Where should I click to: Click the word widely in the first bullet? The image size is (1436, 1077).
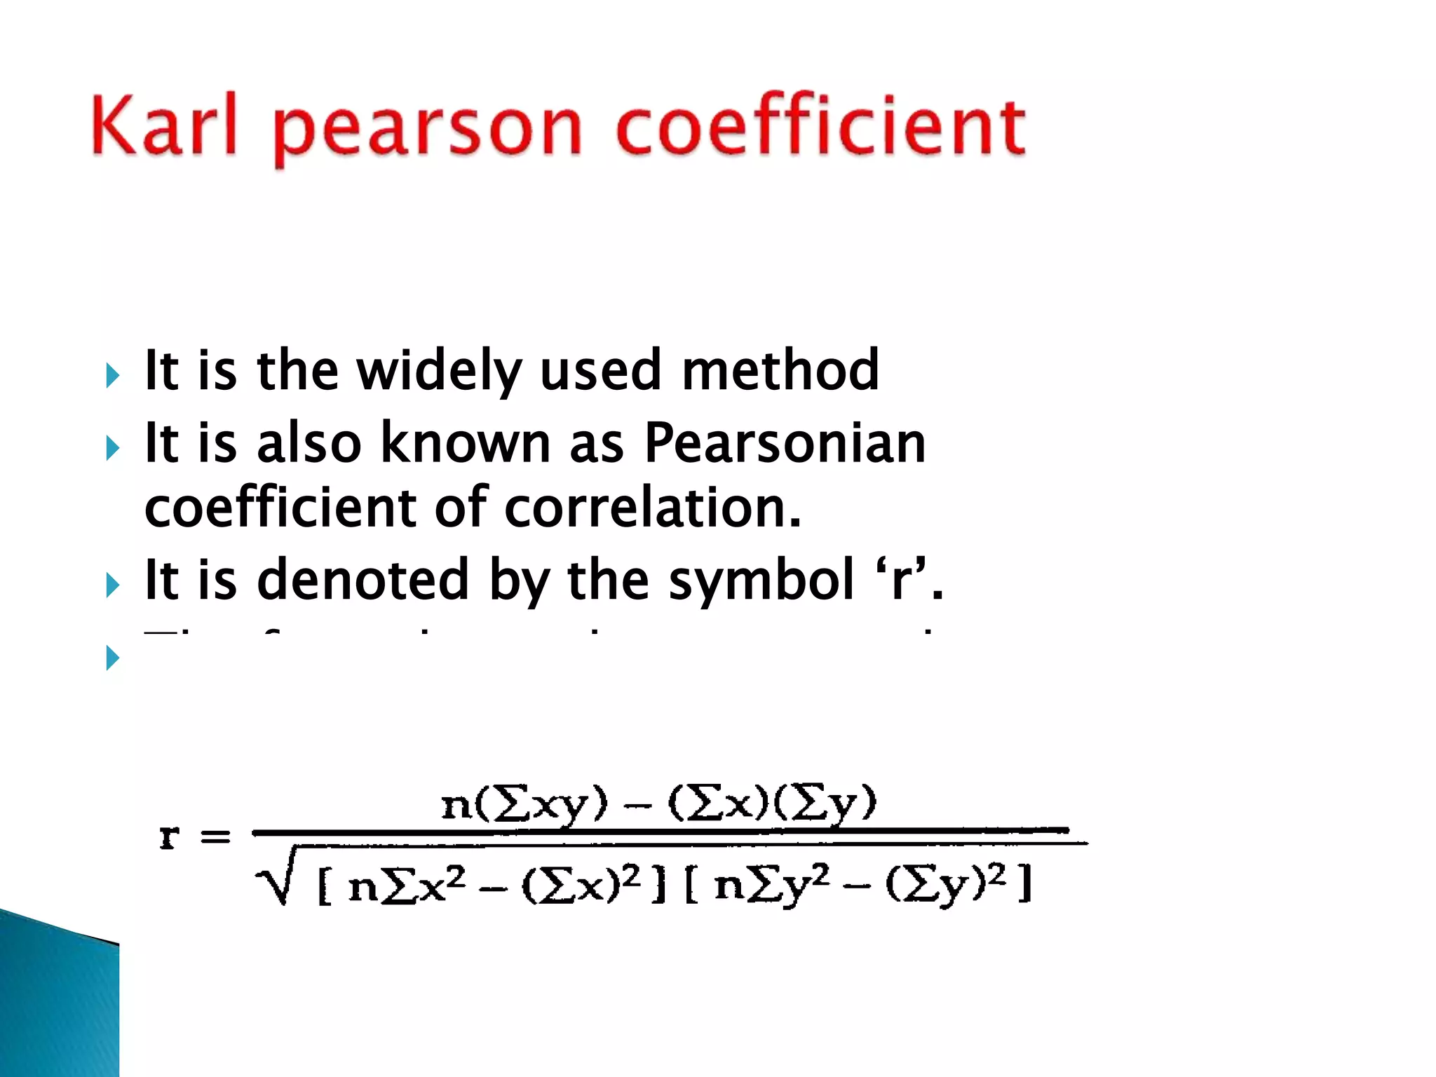point(439,372)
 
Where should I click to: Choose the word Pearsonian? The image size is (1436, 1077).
point(785,443)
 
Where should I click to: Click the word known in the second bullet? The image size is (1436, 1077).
point(466,443)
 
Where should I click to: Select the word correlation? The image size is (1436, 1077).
point(652,508)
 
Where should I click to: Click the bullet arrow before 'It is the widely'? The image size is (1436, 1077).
point(112,376)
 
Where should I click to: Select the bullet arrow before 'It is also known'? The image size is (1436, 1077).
point(112,448)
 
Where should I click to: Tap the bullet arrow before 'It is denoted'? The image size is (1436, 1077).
point(112,585)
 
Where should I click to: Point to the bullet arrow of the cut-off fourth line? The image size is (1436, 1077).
point(112,658)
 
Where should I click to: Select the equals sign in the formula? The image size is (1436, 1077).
point(215,836)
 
